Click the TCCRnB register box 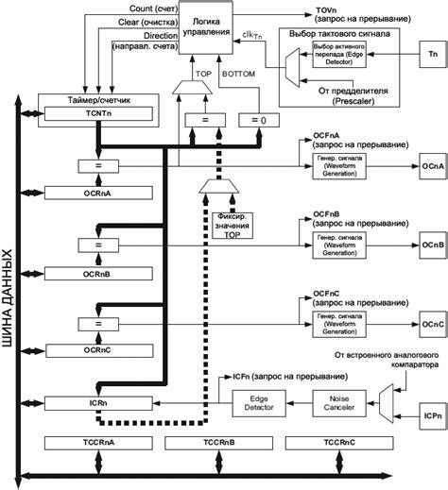(204, 443)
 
